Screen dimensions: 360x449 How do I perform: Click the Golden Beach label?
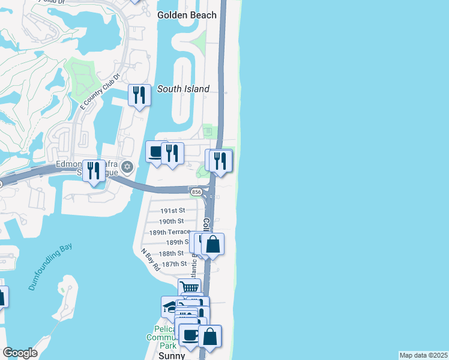point(187,15)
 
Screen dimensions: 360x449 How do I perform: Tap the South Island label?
point(183,89)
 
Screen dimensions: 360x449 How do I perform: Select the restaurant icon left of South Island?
point(139,95)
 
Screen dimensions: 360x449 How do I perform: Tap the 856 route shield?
point(196,192)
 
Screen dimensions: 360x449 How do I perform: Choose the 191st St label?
point(172,211)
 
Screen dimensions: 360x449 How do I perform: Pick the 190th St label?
point(171,221)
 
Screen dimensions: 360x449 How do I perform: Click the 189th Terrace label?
point(170,232)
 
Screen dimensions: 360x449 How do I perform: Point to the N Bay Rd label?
point(150,259)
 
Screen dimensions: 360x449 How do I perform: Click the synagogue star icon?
point(126,166)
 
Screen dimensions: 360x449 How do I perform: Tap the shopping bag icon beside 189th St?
point(212,244)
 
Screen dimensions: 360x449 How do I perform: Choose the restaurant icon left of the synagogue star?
point(94,170)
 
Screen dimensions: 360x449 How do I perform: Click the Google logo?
point(20,353)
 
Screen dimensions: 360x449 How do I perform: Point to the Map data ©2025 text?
point(423,355)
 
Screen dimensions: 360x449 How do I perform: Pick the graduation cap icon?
point(170,307)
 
